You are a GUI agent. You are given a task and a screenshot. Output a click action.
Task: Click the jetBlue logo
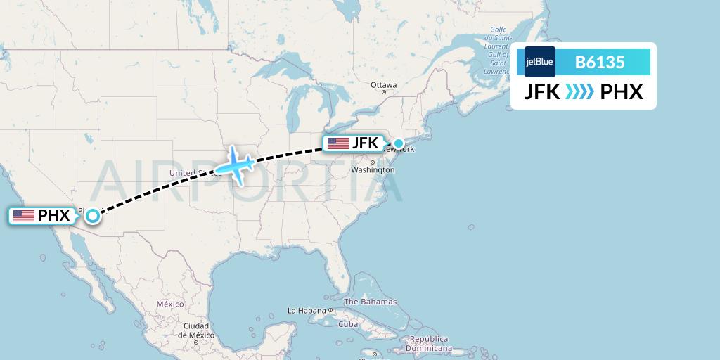[x=540, y=62]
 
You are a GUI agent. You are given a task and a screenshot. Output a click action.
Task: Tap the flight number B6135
[x=600, y=62]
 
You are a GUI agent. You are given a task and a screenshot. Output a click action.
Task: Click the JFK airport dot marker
[x=399, y=144]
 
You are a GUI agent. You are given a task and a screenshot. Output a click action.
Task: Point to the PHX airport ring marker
[x=92, y=216]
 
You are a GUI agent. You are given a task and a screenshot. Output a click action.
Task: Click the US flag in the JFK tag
[x=337, y=143]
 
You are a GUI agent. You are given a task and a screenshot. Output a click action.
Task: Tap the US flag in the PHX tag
[x=23, y=216]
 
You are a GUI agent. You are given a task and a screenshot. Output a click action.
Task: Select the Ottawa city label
[x=384, y=85]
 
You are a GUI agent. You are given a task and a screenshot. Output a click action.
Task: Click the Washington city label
[x=373, y=170]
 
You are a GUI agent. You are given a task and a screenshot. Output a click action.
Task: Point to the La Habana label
[x=307, y=310]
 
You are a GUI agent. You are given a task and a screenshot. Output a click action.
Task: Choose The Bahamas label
[x=370, y=302]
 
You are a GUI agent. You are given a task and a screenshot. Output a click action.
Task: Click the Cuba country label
[x=348, y=324]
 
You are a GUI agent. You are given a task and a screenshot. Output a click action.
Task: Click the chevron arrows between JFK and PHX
[x=579, y=92]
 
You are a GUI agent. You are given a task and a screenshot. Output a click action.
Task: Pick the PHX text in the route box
[x=622, y=92]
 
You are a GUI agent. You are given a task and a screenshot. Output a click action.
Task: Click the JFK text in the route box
[x=542, y=92]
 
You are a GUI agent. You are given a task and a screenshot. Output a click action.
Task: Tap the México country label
[x=169, y=304]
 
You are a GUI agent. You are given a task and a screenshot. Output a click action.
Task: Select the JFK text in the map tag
[x=365, y=143]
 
